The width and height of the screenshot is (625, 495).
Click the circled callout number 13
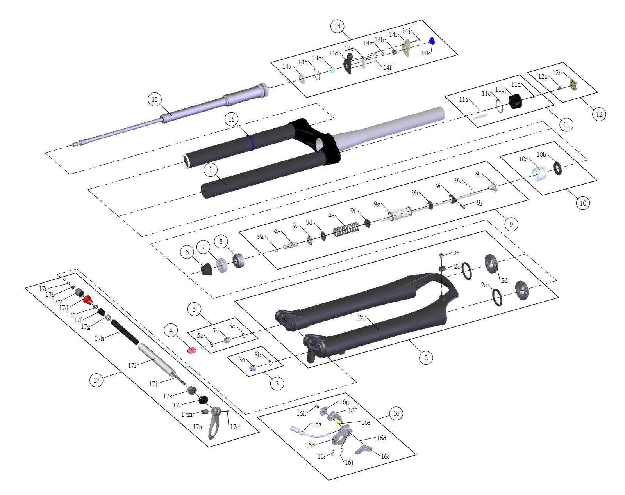point(155,99)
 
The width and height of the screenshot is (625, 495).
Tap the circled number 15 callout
point(232,119)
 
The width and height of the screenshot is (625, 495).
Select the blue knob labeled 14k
point(432,41)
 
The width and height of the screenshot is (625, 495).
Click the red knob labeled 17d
point(88,300)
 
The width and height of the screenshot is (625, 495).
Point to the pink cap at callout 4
point(191,350)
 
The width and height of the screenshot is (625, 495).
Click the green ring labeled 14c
point(332,71)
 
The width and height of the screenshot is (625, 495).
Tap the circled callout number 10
point(583,203)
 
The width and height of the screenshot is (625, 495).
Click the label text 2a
point(361,318)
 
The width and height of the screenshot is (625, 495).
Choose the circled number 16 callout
point(396,413)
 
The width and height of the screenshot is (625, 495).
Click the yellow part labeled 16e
point(337,423)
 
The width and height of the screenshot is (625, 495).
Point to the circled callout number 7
point(203,247)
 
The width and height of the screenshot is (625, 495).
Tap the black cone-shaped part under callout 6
point(207,270)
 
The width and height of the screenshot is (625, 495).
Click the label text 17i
point(132,365)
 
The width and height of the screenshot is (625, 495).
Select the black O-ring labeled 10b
point(557,169)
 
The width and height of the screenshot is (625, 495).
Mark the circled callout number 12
point(599,114)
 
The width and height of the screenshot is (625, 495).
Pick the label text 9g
point(377,204)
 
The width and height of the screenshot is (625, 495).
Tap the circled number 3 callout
point(277,384)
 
